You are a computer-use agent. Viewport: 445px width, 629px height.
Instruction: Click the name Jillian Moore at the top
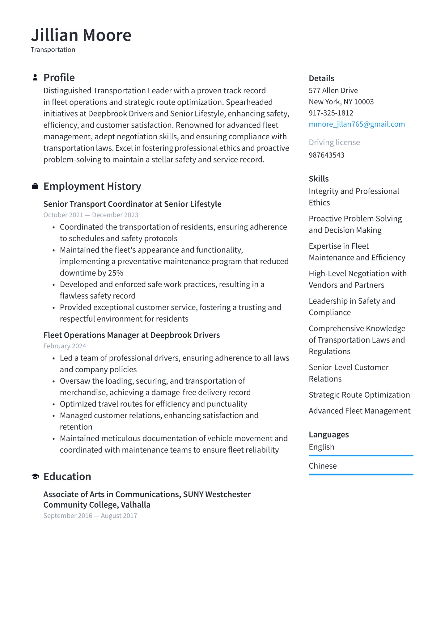click(81, 35)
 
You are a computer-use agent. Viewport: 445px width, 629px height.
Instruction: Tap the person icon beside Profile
click(35, 78)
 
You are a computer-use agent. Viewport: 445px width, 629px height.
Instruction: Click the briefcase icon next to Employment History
click(35, 186)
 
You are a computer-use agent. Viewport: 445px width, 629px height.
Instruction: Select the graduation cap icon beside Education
click(35, 477)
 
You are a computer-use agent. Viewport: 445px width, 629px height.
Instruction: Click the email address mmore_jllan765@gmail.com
click(357, 124)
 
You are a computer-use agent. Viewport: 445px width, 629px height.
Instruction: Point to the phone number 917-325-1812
click(331, 113)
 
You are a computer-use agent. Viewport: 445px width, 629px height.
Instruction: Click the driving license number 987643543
click(326, 155)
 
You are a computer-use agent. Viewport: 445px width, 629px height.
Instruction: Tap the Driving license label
click(334, 142)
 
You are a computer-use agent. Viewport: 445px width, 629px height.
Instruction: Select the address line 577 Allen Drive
click(333, 91)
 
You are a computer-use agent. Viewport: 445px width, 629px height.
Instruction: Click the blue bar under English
click(361, 455)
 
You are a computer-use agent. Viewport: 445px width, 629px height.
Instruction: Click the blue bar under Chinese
click(361, 474)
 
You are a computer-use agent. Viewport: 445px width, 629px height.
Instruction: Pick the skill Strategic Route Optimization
click(359, 395)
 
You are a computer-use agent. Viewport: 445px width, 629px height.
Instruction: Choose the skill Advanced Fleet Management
click(359, 411)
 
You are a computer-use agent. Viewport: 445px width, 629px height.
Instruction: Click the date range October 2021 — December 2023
click(91, 215)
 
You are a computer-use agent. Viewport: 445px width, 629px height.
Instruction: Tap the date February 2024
click(65, 346)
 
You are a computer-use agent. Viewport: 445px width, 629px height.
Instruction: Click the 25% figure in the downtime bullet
click(116, 273)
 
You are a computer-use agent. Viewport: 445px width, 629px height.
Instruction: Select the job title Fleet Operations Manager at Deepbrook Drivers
click(131, 335)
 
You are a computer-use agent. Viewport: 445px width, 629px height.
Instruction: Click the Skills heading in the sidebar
click(319, 179)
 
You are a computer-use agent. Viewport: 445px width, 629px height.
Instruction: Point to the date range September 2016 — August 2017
click(90, 516)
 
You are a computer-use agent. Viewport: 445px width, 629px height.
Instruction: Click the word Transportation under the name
click(53, 50)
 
